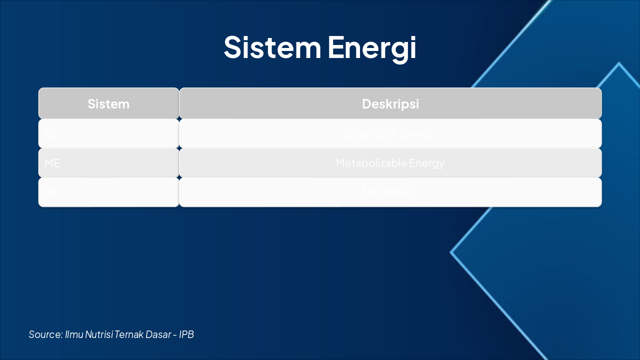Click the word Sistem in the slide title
[272, 47]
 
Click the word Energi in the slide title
[372, 48]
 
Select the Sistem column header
[108, 104]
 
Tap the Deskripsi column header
[390, 104]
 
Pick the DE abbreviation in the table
[52, 134]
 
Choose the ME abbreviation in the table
[52, 163]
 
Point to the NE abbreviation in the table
[52, 192]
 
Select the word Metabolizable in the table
[371, 163]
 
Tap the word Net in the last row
[370, 192]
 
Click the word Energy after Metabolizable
[426, 163]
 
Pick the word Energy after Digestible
[417, 134]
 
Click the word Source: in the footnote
[45, 334]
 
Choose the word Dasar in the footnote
[158, 334]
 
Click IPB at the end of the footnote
[186, 334]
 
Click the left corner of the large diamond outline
[451, 252]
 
